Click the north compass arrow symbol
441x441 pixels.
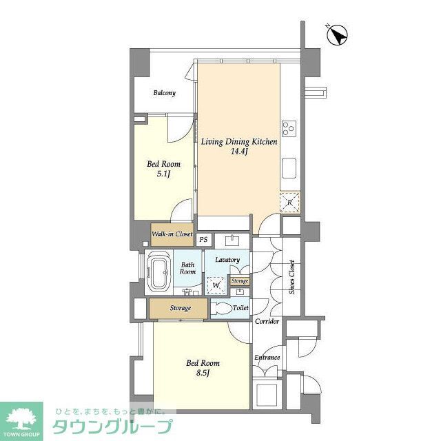pos(338,34)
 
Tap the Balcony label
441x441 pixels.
pos(164,93)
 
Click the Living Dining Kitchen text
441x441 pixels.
pos(239,142)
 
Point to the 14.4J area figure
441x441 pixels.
pos(239,152)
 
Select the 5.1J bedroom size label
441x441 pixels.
pos(163,174)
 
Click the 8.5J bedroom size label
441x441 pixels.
pos(203,373)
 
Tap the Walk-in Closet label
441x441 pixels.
pos(172,234)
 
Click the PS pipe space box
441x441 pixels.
pos(203,240)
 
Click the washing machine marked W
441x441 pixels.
pos(216,285)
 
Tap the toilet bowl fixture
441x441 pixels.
pos(221,309)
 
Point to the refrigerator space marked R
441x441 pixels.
pos(289,202)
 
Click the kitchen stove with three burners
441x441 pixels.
pos(288,127)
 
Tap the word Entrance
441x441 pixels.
pos(267,357)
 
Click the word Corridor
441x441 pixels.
pos(267,322)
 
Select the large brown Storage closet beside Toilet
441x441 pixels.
pos(178,309)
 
